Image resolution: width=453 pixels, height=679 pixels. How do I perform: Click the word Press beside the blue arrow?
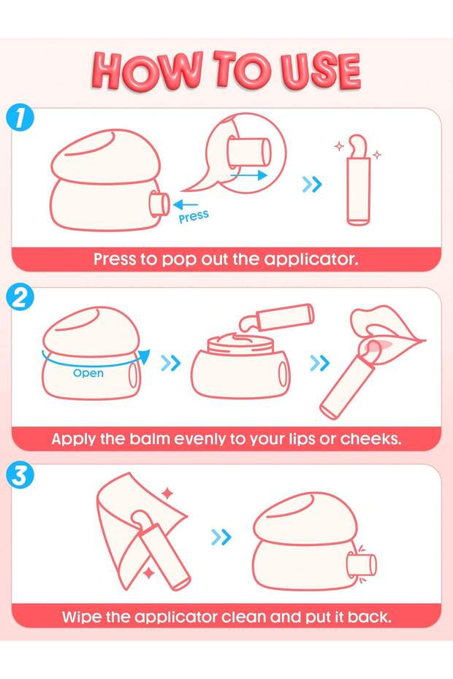coord(194,216)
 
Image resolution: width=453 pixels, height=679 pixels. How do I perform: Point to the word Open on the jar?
coord(88,373)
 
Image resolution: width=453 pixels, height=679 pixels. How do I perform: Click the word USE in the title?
coord(321,71)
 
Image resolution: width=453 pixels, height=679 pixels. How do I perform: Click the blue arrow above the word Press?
coord(185,204)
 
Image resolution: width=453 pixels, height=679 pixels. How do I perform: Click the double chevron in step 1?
coord(312,185)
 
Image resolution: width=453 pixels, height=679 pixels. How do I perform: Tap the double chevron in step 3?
coord(221,537)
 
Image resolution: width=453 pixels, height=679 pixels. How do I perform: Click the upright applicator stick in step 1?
coord(358,182)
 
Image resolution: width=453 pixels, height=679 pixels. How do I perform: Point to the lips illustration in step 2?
coord(387,331)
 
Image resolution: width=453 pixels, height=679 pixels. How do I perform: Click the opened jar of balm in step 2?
coord(241,365)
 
